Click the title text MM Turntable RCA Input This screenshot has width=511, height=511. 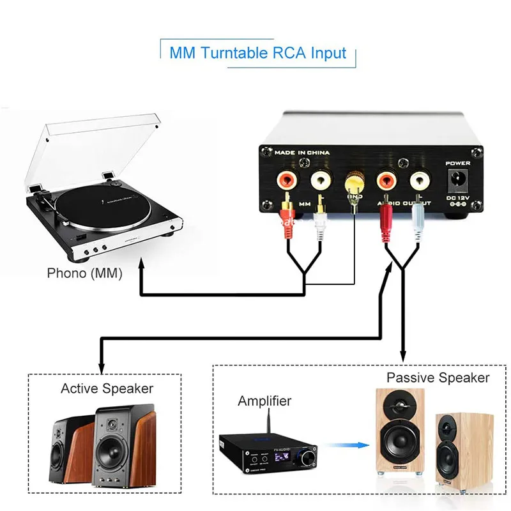(257, 52)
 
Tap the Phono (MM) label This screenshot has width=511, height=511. (84, 273)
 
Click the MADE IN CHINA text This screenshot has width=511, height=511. (301, 153)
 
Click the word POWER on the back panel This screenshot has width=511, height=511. (457, 163)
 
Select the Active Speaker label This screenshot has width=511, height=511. (107, 388)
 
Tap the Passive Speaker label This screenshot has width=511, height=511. (438, 378)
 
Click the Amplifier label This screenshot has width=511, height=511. (264, 401)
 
